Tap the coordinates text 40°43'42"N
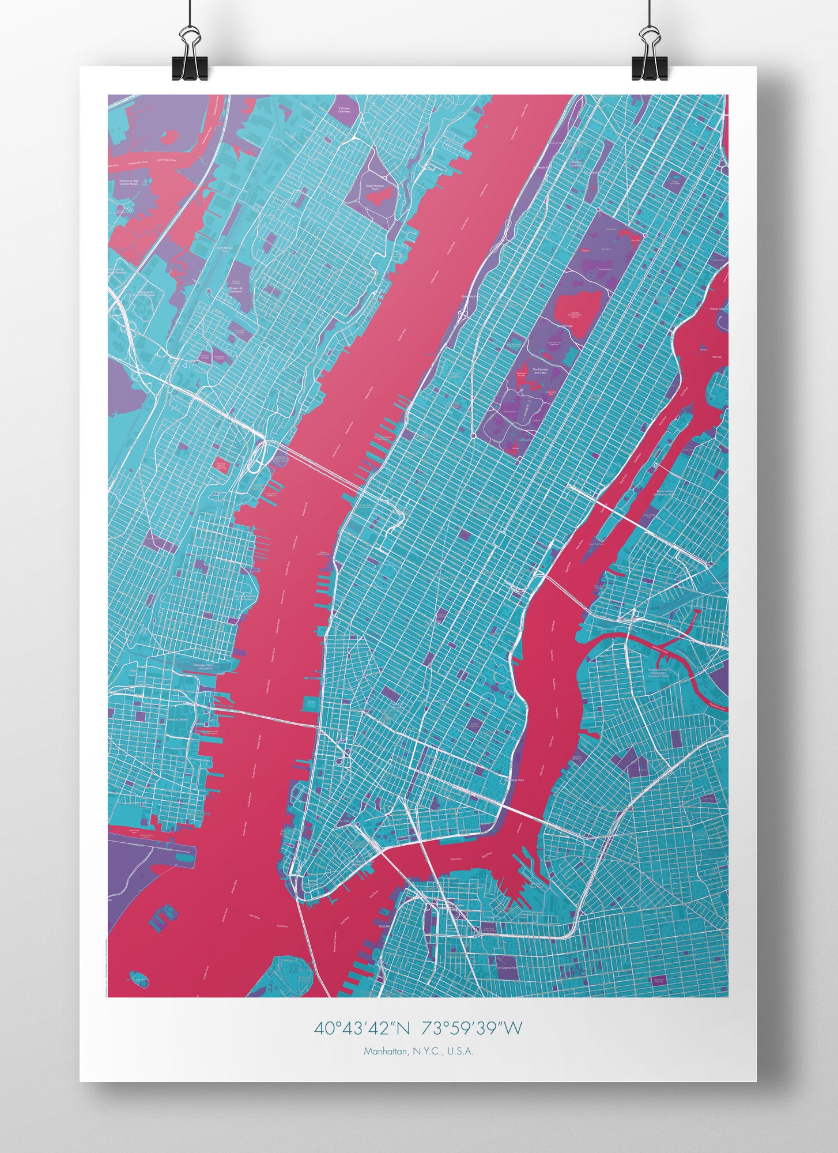(x=362, y=1028)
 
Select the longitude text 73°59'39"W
(x=471, y=1028)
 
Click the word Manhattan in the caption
(x=384, y=1051)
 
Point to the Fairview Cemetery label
(x=344, y=110)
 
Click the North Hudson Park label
(x=375, y=187)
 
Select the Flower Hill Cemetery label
(x=236, y=290)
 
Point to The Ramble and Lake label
(x=540, y=371)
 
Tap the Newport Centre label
(x=177, y=720)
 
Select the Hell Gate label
(x=716, y=357)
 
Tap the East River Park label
(x=516, y=780)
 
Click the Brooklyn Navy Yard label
(x=536, y=885)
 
